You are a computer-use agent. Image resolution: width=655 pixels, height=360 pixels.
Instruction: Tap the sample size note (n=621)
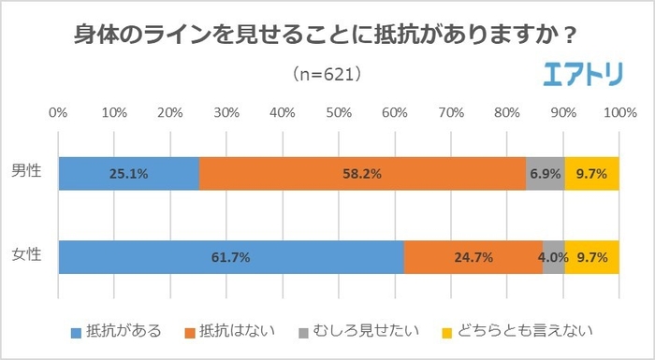coord(327,73)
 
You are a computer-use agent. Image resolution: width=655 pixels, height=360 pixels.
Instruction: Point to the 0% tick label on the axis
coord(58,113)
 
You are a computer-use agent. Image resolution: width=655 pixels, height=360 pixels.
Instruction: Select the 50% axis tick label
coord(339,113)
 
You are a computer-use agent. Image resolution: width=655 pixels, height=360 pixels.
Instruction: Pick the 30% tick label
coord(226,113)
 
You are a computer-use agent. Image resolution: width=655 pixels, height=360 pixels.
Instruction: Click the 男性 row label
coord(25,173)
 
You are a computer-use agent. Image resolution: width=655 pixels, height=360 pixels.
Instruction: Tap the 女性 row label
coord(25,255)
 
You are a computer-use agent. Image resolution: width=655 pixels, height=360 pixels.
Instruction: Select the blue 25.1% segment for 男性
coord(128,173)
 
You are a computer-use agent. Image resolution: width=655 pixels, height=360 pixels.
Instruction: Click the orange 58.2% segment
coord(362,173)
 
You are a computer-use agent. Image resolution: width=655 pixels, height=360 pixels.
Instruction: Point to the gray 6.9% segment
coord(545,173)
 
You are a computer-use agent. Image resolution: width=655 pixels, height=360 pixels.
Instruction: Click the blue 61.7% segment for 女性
coord(230,256)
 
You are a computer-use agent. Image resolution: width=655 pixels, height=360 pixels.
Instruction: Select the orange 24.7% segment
coord(473,256)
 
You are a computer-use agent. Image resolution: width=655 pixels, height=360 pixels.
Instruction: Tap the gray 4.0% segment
coord(554,256)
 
